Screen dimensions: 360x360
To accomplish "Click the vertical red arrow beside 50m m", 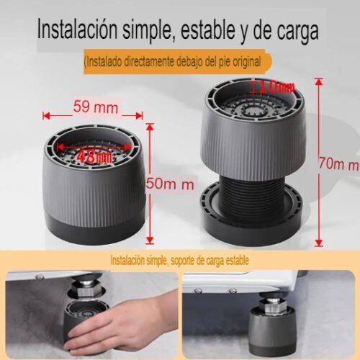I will point(149,183).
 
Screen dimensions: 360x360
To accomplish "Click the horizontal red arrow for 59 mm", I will point(93,115).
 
